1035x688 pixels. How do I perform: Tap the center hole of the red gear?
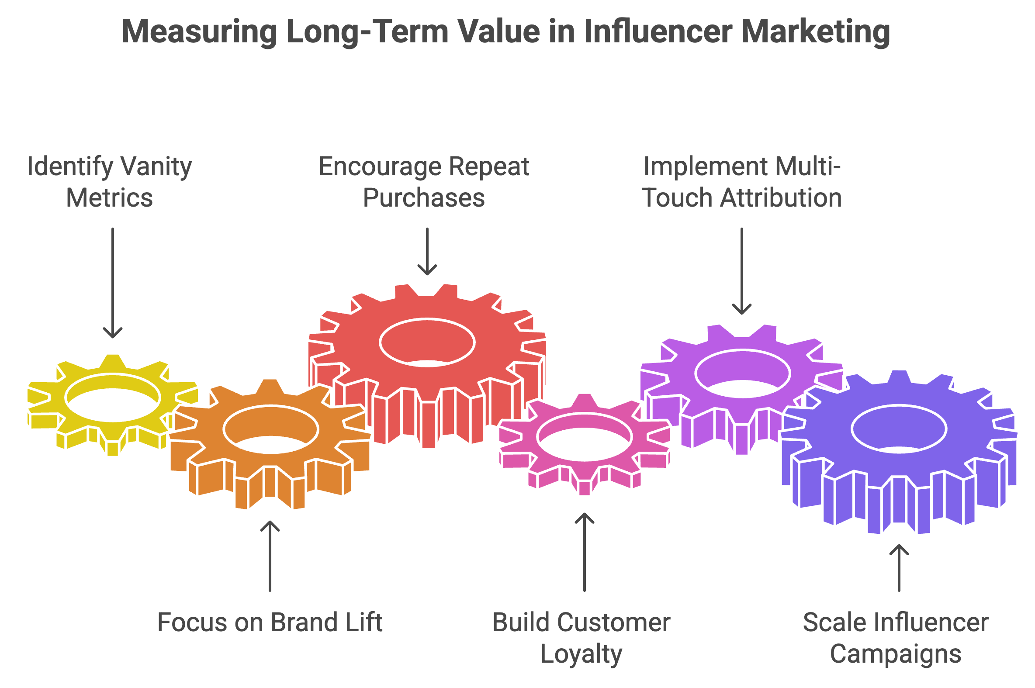point(427,342)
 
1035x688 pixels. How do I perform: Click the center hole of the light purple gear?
point(742,373)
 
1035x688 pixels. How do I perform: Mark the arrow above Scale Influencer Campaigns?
point(899,568)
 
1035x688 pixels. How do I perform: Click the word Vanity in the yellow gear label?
point(156,167)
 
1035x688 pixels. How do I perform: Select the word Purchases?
point(424,198)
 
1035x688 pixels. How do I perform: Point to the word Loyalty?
point(581,654)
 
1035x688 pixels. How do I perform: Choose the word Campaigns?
point(896,654)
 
